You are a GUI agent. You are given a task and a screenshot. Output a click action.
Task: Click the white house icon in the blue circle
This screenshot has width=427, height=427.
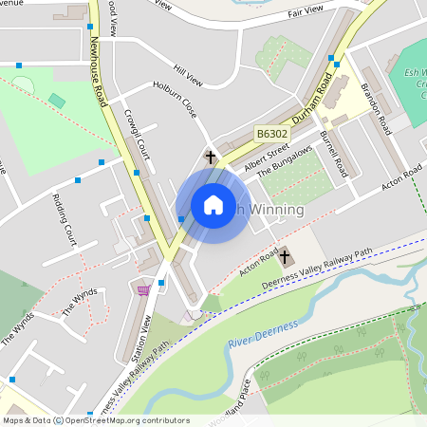[x=213, y=205]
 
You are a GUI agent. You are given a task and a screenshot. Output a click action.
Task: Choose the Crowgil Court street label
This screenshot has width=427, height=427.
[x=137, y=134]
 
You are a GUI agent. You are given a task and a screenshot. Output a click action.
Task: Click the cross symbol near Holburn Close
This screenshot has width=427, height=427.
[x=211, y=157]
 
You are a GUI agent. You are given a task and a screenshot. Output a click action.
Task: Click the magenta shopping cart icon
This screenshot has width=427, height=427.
[x=144, y=289]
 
